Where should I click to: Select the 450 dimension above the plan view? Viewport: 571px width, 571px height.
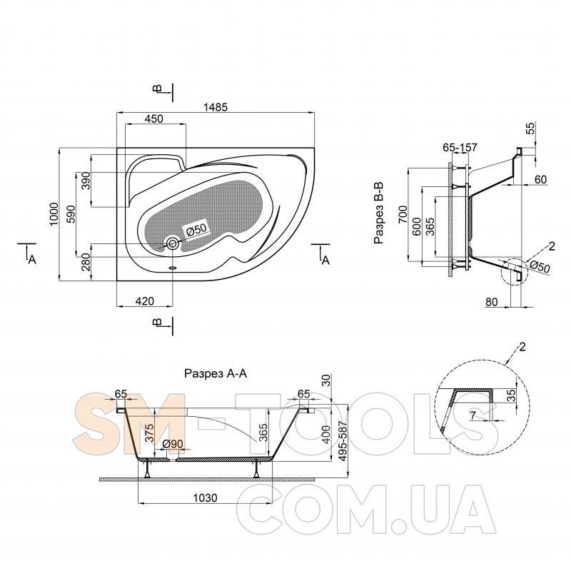click(x=153, y=118)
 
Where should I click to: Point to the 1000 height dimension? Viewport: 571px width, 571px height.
click(x=53, y=214)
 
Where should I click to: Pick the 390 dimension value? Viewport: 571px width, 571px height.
click(x=86, y=181)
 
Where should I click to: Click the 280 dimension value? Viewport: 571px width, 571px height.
click(x=86, y=263)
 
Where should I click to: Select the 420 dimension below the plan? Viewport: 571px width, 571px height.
click(x=144, y=301)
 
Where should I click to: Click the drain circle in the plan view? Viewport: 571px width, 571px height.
click(x=173, y=243)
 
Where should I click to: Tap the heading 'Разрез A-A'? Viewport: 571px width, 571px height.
click(x=216, y=373)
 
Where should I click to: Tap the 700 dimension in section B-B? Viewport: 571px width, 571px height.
click(x=402, y=213)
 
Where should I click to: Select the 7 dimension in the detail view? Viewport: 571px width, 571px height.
click(x=473, y=415)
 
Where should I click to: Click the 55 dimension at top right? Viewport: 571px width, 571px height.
click(x=530, y=129)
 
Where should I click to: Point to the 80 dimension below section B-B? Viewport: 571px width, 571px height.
click(x=492, y=302)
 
